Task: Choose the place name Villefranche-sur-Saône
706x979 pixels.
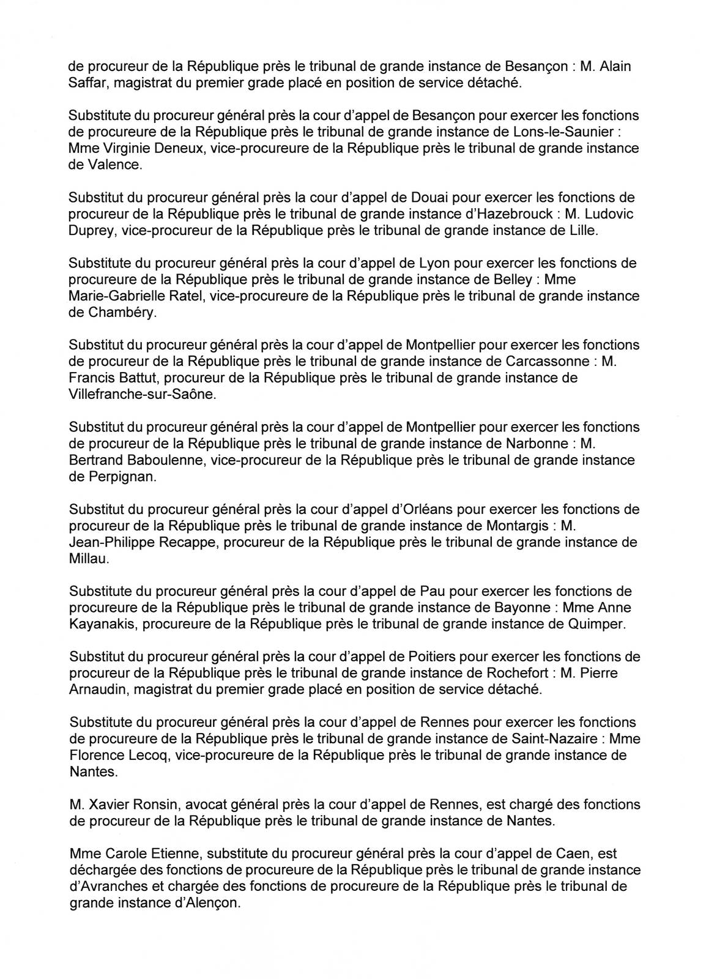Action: tap(143, 395)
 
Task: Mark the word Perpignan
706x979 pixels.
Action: tap(121, 477)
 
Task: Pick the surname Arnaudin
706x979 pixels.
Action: tap(97, 690)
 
